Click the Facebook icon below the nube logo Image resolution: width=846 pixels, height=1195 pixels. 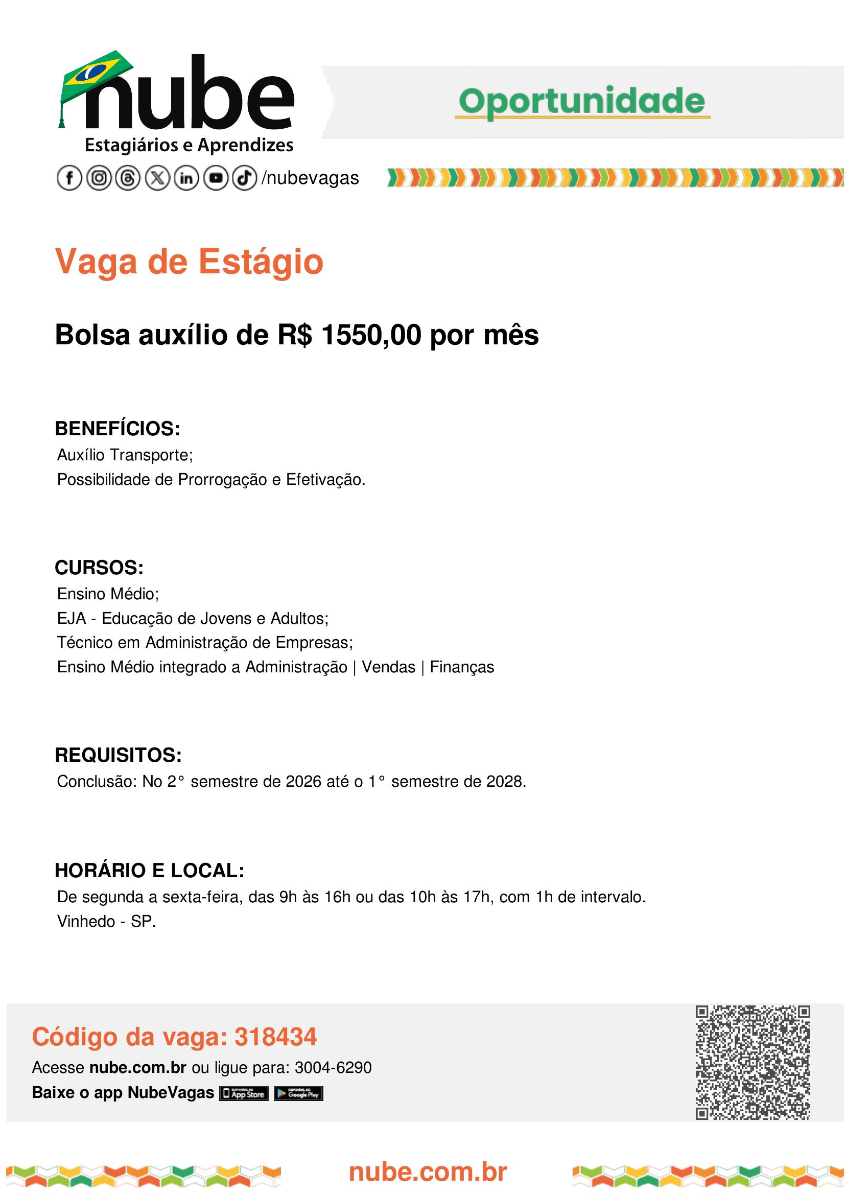pos(69,178)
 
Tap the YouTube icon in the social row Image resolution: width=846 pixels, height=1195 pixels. pos(215,178)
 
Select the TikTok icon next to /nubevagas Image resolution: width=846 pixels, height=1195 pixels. pos(244,178)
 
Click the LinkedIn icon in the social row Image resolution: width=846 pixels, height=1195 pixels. pos(186,178)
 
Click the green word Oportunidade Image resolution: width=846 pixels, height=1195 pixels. pos(582,102)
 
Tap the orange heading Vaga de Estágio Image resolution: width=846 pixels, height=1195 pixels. pos(189,262)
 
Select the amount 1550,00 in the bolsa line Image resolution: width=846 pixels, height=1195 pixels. pos(371,335)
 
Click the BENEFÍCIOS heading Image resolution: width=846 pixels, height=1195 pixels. pos(117,429)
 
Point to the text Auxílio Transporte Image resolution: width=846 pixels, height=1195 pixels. pos(125,455)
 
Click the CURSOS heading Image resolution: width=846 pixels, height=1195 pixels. pos(99,568)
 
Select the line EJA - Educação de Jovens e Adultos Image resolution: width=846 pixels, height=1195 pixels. pos(193,618)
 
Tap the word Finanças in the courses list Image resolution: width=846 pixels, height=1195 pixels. pos(461,667)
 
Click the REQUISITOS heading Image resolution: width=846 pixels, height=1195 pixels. pos(118,755)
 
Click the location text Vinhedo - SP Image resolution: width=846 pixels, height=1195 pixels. pos(106,922)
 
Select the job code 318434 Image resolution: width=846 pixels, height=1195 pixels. pos(275,1037)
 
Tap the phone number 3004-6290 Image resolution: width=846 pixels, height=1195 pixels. pos(333,1068)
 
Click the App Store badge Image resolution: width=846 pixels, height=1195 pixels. pos(244,1094)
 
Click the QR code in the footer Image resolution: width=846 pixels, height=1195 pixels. pos(752,1063)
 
